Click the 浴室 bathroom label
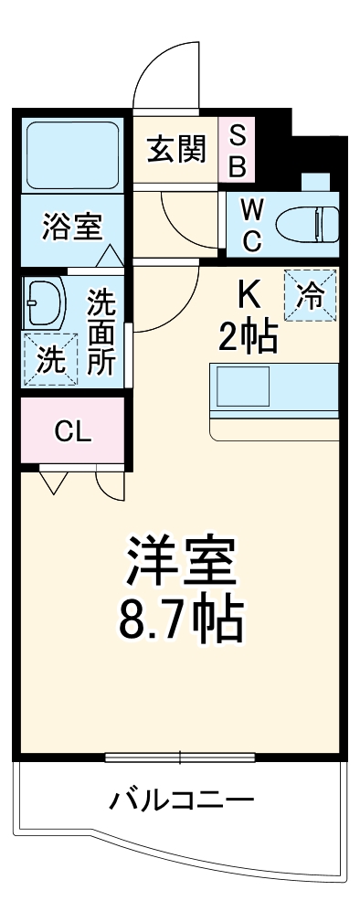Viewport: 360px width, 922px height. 71,226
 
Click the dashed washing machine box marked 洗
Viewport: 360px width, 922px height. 50,359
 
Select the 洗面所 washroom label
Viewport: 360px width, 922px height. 101,331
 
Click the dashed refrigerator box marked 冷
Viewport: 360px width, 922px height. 311,296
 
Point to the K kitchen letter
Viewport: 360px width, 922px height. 249,294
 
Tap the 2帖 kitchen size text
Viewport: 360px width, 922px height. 248,339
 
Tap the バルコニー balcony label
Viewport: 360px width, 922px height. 181,802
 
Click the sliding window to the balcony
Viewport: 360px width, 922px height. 179,757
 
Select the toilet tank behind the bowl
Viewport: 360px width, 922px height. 327,220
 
